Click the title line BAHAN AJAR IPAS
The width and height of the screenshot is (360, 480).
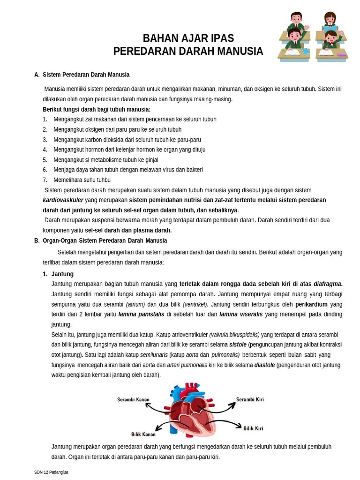click(x=188, y=38)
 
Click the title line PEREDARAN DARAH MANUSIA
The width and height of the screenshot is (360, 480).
click(x=188, y=51)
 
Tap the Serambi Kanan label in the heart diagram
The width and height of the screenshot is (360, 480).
click(x=133, y=400)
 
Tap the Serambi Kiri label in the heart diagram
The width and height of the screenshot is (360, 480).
click(x=250, y=400)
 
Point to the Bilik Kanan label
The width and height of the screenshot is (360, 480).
click(x=143, y=434)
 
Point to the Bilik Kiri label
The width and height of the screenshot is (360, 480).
click(x=253, y=428)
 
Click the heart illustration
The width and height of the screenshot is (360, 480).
click(x=193, y=410)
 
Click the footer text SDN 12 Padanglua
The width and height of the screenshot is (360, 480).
click(x=51, y=472)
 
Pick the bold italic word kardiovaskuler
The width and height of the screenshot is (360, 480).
click(x=63, y=200)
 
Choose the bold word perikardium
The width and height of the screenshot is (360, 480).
click(x=311, y=304)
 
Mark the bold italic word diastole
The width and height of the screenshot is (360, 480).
click(x=264, y=365)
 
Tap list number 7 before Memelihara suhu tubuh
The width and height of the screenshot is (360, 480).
click(x=45, y=180)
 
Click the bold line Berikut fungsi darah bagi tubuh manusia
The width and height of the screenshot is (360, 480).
click(x=97, y=110)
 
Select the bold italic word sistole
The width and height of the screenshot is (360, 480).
click(x=238, y=345)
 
